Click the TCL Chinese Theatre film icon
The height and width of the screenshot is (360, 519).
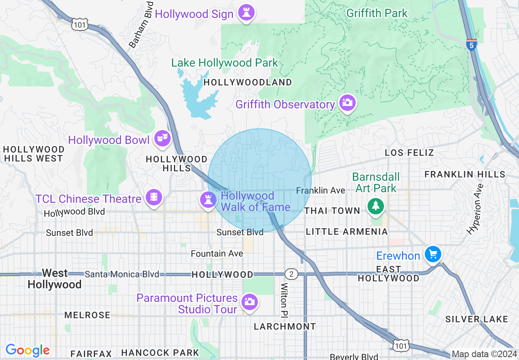153,197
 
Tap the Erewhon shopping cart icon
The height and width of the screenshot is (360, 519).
432,254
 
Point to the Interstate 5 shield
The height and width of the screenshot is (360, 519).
472,45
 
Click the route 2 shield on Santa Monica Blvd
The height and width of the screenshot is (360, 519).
291,274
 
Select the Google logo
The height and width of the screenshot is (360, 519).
27,350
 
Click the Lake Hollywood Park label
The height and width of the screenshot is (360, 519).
224,63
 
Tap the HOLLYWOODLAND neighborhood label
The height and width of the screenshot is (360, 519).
248,82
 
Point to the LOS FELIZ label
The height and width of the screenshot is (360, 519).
409,153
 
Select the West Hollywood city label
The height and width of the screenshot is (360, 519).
55,279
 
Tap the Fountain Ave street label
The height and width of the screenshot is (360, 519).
217,254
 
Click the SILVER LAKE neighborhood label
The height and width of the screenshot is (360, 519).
476,319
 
